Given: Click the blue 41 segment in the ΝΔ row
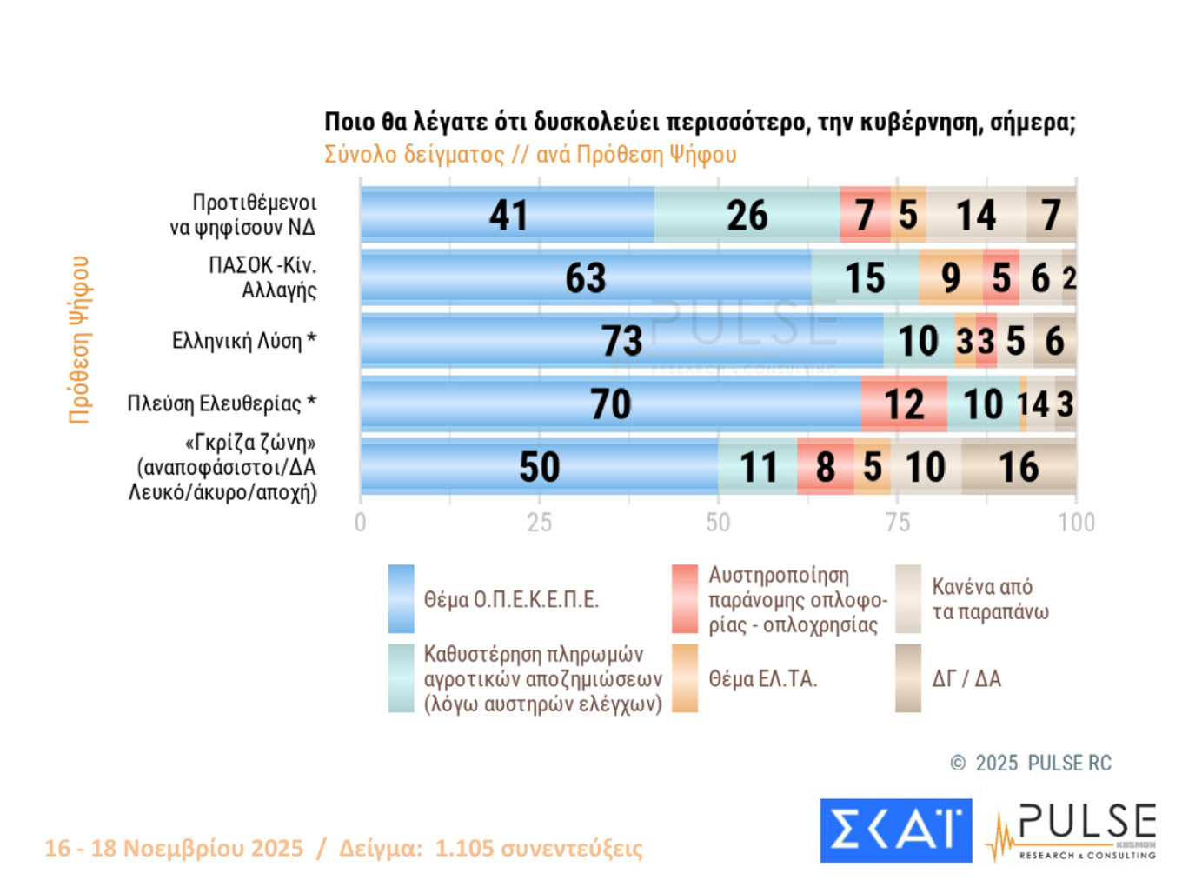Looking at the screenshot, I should click(508, 215).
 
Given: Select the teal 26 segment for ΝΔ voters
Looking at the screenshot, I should click(747, 215).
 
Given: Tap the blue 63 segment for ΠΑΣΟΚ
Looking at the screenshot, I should click(586, 278).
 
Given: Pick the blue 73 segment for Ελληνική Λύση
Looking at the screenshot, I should click(621, 341).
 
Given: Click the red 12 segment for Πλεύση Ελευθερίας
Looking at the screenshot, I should click(904, 404).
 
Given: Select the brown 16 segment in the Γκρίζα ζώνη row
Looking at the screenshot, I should click(1019, 467).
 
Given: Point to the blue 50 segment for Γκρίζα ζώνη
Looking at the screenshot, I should click(539, 467).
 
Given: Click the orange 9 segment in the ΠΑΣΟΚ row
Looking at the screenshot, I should click(951, 278).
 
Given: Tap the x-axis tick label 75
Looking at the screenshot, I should click(897, 523).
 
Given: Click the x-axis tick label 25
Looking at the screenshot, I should click(539, 523).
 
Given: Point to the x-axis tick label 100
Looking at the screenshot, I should click(1076, 523).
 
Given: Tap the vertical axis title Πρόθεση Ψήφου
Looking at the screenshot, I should click(79, 339).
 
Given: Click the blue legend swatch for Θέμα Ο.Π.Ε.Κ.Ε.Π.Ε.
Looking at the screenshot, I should click(401, 599).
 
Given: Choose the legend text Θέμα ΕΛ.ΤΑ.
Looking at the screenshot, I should click(762, 679).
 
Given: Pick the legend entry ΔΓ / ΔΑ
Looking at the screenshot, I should click(966, 679).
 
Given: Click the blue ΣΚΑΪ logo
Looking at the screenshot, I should click(895, 830).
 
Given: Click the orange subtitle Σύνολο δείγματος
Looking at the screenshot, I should click(414, 155).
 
